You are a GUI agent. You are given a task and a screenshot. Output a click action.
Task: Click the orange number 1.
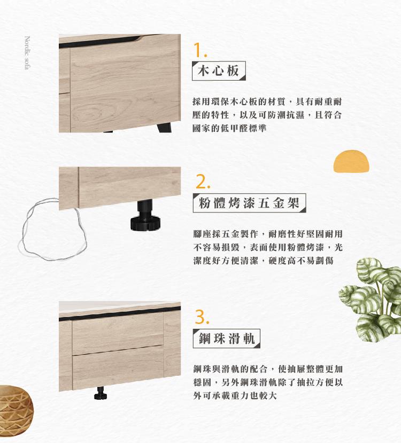pos(199,50)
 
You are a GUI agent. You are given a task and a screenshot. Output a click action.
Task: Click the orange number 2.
pos(203,181)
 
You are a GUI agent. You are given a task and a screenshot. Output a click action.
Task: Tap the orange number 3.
pos(202,317)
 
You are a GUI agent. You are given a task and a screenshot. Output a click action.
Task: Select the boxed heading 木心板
pos(219,70)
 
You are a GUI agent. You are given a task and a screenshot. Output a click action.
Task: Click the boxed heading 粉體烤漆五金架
pos(249,203)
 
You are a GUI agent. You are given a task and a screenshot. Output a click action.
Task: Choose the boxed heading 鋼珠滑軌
pos(226,338)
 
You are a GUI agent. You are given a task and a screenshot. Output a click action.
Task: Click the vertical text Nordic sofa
pos(27,52)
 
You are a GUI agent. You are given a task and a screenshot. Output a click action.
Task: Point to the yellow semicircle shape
pos(351,161)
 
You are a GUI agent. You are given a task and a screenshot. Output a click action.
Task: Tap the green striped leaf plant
pos(370,299)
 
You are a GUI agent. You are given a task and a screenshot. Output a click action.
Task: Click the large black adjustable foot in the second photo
pos(145,215)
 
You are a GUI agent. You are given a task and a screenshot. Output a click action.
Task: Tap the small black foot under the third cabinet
pos(101,393)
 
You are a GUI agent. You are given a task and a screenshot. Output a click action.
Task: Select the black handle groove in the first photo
pos(99,42)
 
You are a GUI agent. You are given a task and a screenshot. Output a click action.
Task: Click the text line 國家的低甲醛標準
pos(229,128)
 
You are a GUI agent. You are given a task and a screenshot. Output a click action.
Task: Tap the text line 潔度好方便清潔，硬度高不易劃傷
pos(264,260)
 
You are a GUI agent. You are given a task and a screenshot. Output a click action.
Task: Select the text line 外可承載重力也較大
pos(235,395)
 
